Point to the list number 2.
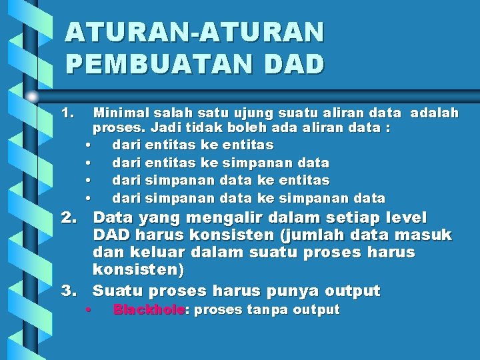click(69, 218)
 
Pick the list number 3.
click(69, 291)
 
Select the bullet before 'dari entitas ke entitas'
click(88, 145)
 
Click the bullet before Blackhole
click(88, 310)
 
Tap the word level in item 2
click(405, 218)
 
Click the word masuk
click(423, 235)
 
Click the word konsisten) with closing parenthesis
click(138, 271)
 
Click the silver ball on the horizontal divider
click(32, 95)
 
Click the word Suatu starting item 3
click(118, 291)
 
